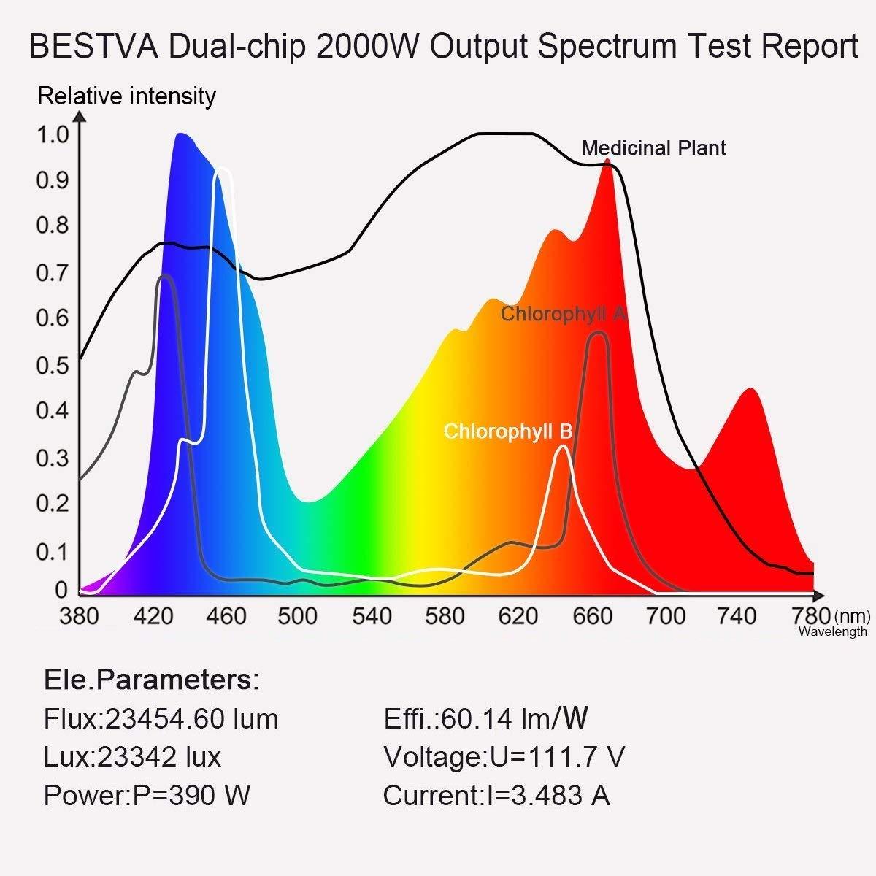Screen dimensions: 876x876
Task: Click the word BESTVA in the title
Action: pos(93,47)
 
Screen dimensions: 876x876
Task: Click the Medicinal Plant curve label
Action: pos(653,148)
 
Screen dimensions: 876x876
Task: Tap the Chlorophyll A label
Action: pos(564,314)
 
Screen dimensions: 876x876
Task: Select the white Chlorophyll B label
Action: pos(508,431)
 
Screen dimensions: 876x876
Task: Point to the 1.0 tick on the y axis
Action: pos(52,134)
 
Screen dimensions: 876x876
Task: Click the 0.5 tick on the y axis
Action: pos(52,365)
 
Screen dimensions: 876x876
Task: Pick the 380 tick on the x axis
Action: pos(78,616)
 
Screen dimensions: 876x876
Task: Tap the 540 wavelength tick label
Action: pos(372,616)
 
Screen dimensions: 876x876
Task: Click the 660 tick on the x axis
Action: pos(591,616)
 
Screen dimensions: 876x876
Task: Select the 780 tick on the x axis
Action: pos(811,616)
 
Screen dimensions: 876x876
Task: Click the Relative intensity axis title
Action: pos(126,96)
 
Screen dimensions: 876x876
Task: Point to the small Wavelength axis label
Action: pos(833,631)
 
